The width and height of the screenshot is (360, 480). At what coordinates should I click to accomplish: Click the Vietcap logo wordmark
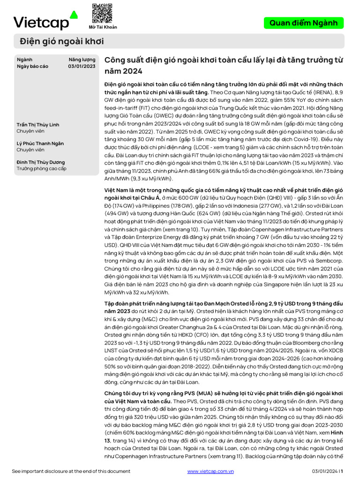pyautogui.click(x=41, y=22)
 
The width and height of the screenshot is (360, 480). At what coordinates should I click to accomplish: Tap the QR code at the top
pyautogui.click(x=102, y=13)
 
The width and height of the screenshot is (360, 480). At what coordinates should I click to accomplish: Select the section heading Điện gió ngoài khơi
pyautogui.click(x=61, y=41)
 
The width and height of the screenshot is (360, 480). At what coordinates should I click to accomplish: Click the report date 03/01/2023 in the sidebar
pyautogui.click(x=82, y=66)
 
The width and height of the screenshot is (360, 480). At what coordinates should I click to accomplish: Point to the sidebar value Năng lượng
pyautogui.click(x=82, y=60)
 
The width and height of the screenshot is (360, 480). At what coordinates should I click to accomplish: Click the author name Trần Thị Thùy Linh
pyautogui.click(x=38, y=125)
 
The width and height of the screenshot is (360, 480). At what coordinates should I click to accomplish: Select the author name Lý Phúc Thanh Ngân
pyautogui.click(x=40, y=143)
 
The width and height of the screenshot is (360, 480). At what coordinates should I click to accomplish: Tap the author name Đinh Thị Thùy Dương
pyautogui.click(x=41, y=162)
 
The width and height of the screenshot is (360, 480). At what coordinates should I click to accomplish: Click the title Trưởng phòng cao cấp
pyautogui.click(x=42, y=168)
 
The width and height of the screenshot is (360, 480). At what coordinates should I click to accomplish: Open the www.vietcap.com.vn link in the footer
pyautogui.click(x=210, y=471)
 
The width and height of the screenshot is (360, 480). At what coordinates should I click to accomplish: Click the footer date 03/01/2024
pyautogui.click(x=324, y=471)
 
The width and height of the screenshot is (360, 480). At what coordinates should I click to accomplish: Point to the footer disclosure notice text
pyautogui.click(x=71, y=471)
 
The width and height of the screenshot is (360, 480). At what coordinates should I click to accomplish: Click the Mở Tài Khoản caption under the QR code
pyautogui.click(x=103, y=27)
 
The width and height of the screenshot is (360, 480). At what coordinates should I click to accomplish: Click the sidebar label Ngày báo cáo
pyautogui.click(x=32, y=66)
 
